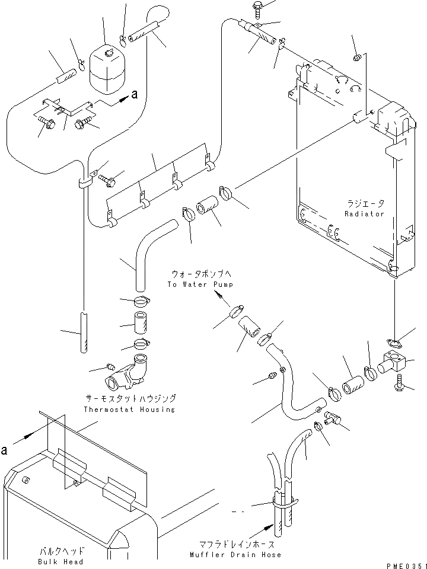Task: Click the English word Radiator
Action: [364, 214]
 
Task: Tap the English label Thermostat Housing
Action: [129, 410]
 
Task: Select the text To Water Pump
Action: [200, 284]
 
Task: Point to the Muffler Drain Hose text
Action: [235, 555]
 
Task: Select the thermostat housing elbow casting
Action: [126, 372]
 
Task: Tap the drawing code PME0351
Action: [406, 565]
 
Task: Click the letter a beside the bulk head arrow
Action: [4, 450]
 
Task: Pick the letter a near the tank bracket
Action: [135, 95]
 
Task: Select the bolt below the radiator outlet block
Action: [399, 383]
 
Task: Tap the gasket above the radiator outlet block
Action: [393, 343]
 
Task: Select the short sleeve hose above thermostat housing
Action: [141, 322]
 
